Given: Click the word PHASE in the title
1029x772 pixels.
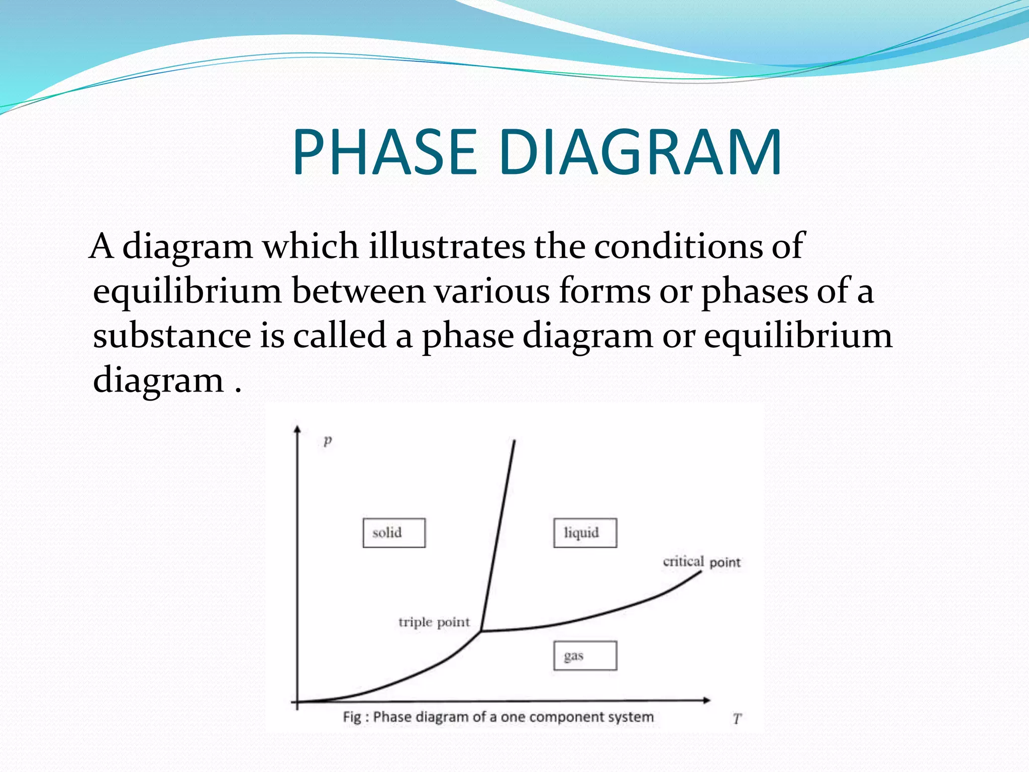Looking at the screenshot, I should pos(384,152).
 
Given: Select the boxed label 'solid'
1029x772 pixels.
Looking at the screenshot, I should pos(394,533).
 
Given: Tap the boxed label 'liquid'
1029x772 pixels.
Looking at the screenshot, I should pos(585,533).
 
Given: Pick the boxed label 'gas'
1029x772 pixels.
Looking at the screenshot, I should pos(585,655).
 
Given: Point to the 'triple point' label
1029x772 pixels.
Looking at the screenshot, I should pos(434,623).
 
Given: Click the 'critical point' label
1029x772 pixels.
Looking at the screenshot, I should pos(701,562).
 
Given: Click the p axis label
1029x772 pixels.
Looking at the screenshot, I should pos(328,440).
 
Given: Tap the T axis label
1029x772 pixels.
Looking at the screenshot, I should pos(737,719).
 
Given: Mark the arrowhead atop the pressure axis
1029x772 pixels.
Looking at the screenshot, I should pos(297,429).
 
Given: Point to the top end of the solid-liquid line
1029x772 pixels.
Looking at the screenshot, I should pos(514,441).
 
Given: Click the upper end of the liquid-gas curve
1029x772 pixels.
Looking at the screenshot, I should pos(700,572).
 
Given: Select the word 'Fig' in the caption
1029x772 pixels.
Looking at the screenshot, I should pos(352,717).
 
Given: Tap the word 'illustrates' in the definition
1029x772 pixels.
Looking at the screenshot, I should pos(447,246).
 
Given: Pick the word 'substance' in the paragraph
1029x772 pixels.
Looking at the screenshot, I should pos(172,335).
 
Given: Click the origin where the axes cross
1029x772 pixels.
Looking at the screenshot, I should pos(297,701).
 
